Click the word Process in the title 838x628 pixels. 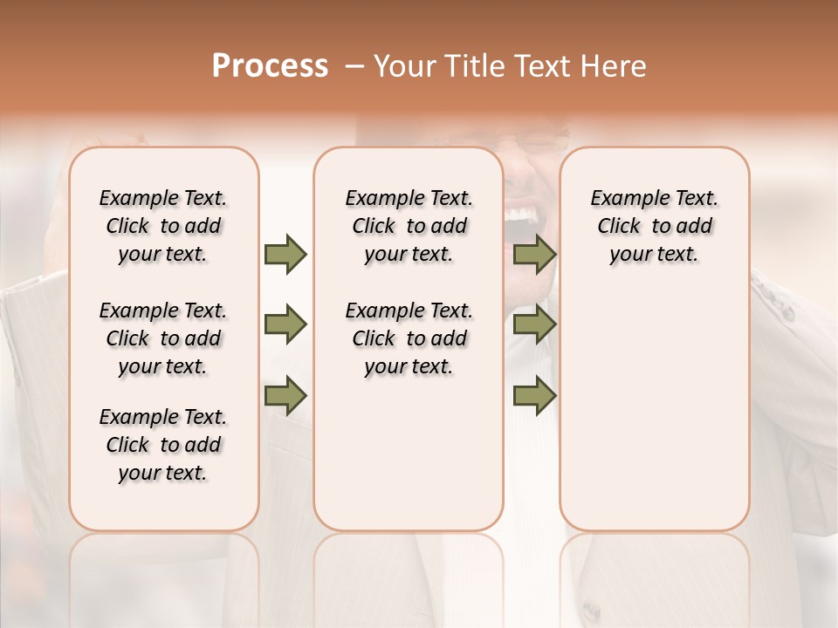(x=270, y=66)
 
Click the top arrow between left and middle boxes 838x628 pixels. (x=285, y=255)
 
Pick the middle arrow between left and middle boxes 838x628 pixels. (x=285, y=325)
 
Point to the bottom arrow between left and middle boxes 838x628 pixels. (x=285, y=396)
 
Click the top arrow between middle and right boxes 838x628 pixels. (x=534, y=255)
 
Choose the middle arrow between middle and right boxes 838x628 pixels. (x=534, y=325)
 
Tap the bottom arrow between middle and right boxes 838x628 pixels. (x=534, y=396)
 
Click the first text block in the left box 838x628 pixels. (x=163, y=226)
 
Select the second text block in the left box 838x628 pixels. (x=163, y=338)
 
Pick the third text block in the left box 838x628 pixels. (x=163, y=445)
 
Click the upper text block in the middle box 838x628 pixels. (x=409, y=226)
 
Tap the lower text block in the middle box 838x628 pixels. (x=409, y=338)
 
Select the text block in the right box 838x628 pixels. (x=654, y=226)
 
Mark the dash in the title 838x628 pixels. (x=354, y=66)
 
